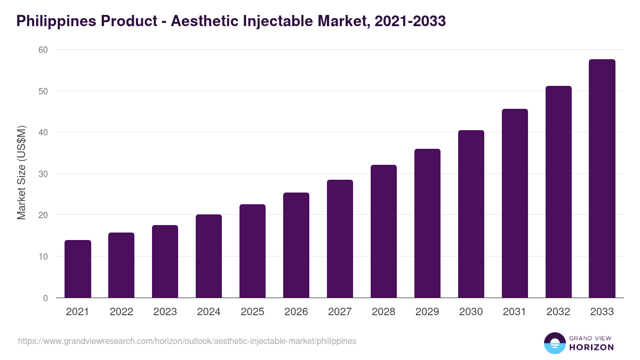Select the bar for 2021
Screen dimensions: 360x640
(x=78, y=269)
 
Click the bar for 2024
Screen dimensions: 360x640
(x=209, y=256)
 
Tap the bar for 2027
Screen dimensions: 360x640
(x=340, y=239)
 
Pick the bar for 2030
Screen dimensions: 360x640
(x=471, y=214)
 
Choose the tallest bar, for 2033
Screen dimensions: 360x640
(x=602, y=179)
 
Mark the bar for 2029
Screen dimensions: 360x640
(x=427, y=223)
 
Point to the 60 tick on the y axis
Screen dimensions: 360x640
(x=43, y=50)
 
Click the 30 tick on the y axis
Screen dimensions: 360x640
(x=43, y=174)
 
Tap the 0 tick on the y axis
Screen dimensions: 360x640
(x=45, y=298)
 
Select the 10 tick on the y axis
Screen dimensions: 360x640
(x=43, y=257)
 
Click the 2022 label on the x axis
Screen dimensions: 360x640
(x=122, y=312)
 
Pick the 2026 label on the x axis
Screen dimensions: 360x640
(x=296, y=312)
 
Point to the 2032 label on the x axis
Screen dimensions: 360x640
(x=558, y=312)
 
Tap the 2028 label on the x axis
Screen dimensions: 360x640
(x=383, y=312)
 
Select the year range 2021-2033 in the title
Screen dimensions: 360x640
(x=410, y=21)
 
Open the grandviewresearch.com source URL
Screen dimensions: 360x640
(x=187, y=341)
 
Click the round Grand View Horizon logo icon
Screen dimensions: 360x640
(x=554, y=343)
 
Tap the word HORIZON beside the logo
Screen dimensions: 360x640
(x=591, y=347)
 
